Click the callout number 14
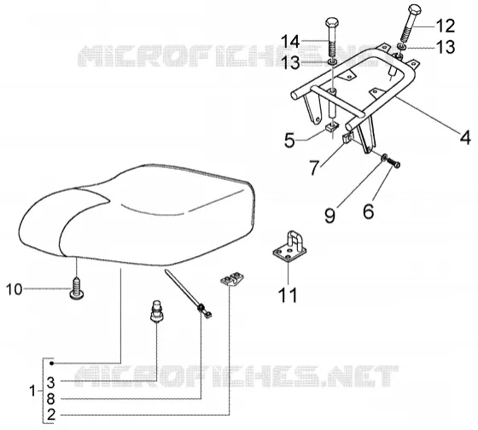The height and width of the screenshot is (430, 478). (290, 42)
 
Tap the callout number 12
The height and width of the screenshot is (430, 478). (445, 26)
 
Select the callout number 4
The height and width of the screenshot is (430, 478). (465, 137)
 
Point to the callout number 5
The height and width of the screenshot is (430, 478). (289, 141)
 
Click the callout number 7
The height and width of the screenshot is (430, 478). (315, 168)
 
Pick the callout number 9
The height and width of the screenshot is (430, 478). (329, 216)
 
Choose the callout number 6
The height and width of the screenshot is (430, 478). (369, 212)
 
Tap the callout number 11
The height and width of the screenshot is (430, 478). (288, 295)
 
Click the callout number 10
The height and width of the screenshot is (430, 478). (14, 289)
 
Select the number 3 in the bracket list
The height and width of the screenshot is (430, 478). (51, 382)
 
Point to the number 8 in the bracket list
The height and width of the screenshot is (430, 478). (51, 398)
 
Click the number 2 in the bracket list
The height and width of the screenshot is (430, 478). (51, 415)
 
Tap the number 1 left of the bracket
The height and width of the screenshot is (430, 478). (32, 391)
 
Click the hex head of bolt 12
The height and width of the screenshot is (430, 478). (414, 9)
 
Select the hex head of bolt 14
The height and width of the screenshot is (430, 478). (332, 22)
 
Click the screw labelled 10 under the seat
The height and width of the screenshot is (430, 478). (77, 288)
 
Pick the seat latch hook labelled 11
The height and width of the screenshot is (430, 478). (289, 246)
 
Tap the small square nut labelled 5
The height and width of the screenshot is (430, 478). (331, 125)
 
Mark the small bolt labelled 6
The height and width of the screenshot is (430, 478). (393, 163)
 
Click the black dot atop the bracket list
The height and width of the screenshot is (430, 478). (51, 363)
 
